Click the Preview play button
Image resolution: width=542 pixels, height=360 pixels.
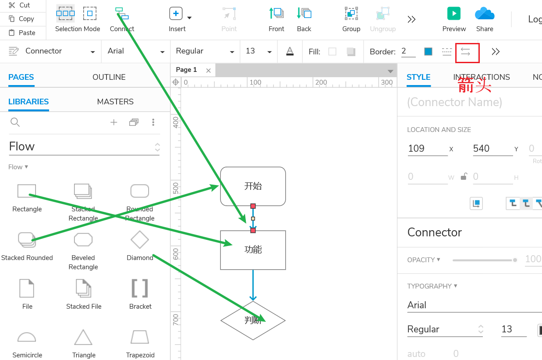click(454, 14)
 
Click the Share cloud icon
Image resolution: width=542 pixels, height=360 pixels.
click(485, 14)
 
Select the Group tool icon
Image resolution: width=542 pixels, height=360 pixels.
click(351, 14)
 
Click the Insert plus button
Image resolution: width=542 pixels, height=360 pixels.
click(176, 14)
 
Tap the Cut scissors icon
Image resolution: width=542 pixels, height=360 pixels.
click(12, 5)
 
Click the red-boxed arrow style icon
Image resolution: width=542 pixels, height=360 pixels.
click(466, 52)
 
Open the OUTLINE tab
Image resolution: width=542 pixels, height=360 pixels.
click(109, 77)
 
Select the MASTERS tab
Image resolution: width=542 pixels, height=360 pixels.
click(115, 102)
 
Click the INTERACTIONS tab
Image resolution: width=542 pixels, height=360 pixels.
click(482, 77)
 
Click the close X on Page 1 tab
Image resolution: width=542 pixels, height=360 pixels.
click(209, 70)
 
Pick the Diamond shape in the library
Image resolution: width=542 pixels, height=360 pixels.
click(140, 240)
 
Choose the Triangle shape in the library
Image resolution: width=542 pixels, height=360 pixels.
click(83, 337)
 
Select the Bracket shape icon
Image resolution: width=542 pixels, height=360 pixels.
click(140, 288)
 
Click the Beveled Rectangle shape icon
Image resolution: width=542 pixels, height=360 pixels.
click(83, 240)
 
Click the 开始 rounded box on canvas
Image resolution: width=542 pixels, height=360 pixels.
click(253, 186)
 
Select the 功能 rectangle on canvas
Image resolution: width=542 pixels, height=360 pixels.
click(253, 250)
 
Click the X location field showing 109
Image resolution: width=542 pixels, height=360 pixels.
click(427, 149)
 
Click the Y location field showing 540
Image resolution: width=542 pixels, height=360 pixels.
click(492, 149)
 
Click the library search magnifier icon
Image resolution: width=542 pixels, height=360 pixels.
click(15, 122)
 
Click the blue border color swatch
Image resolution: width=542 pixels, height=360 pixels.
click(428, 52)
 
